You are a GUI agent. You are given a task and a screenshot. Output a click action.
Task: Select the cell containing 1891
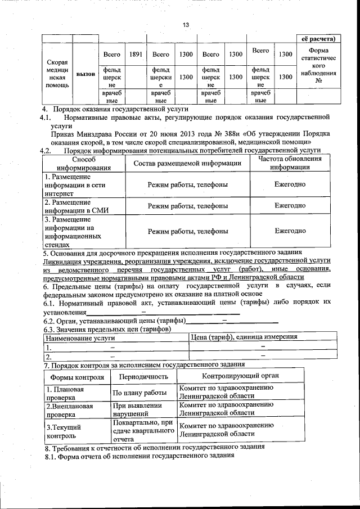135,55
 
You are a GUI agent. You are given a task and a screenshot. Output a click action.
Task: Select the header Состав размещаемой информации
187,163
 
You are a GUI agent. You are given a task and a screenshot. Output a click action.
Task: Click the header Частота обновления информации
290,163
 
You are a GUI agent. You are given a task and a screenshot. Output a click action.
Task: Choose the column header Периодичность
143,376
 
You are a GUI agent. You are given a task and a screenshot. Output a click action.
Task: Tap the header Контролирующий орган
241,376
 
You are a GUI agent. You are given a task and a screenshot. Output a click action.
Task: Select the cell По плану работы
139,393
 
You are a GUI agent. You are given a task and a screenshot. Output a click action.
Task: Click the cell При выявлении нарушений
138,409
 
